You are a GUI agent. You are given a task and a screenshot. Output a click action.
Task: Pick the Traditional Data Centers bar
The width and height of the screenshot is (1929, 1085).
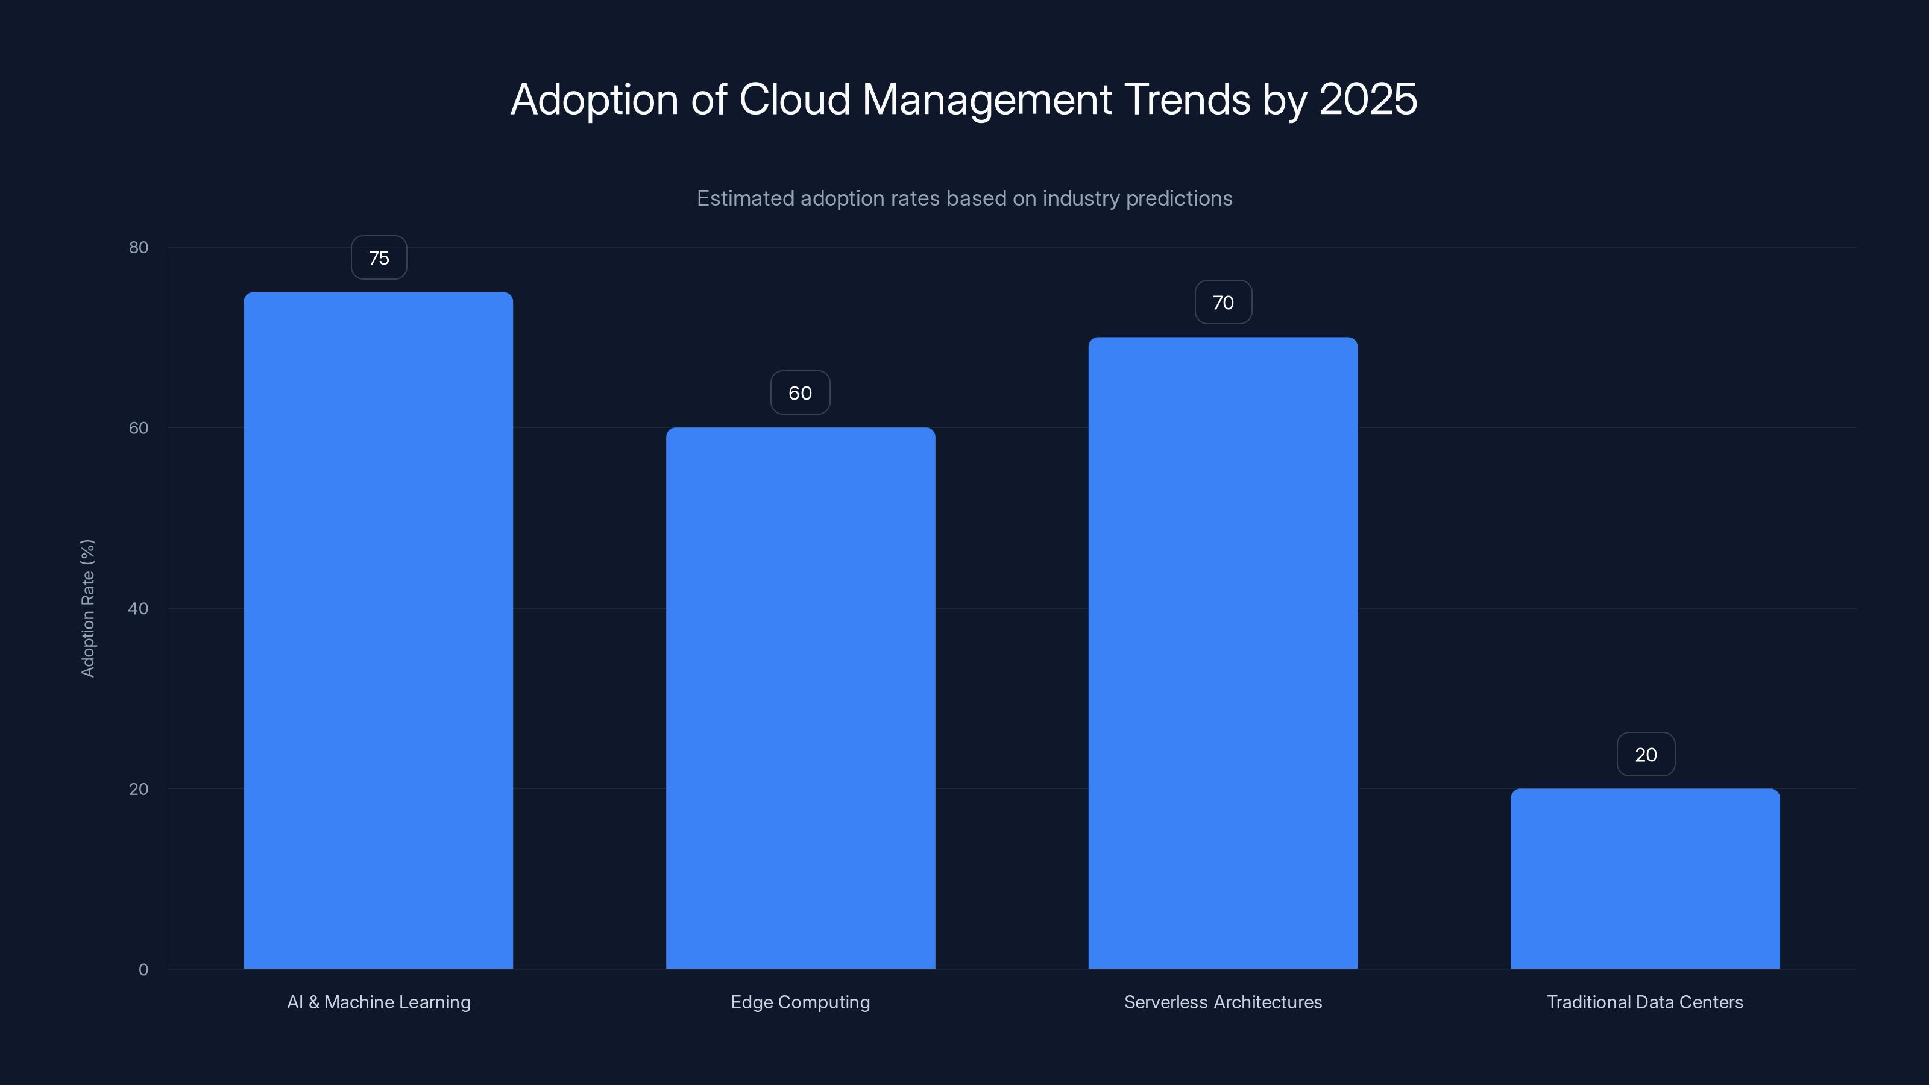tap(1644, 878)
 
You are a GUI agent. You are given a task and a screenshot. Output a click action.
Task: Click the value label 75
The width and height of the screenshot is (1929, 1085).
tap(379, 257)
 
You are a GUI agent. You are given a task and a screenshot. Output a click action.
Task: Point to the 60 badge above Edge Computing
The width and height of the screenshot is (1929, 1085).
tap(800, 393)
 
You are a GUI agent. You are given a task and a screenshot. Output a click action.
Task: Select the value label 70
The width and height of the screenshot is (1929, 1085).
tap(1223, 303)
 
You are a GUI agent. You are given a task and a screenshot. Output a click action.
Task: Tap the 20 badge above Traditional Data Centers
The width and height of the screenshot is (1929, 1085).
tap(1645, 755)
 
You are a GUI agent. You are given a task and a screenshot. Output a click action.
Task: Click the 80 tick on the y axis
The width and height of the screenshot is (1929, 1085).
tap(139, 247)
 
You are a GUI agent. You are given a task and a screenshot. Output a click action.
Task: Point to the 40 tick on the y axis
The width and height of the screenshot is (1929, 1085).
tap(139, 608)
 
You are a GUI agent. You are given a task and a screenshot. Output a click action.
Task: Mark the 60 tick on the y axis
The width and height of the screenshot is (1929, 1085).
tap(139, 427)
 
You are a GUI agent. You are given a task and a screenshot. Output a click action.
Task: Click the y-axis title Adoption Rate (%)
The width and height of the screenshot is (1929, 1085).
tap(87, 608)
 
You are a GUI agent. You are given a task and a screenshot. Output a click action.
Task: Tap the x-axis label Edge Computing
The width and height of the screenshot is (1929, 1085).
tap(800, 1002)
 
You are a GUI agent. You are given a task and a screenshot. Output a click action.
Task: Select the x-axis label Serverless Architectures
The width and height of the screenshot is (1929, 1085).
tap(1223, 1002)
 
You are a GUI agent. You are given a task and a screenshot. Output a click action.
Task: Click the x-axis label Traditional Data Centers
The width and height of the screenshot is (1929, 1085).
tap(1644, 1002)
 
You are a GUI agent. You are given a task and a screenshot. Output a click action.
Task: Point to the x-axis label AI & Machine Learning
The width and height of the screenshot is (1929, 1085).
tap(379, 1002)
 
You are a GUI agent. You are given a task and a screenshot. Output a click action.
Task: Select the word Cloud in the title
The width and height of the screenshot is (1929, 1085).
tap(795, 99)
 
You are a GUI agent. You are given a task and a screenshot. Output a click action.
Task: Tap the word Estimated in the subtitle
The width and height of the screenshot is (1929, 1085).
tap(744, 198)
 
